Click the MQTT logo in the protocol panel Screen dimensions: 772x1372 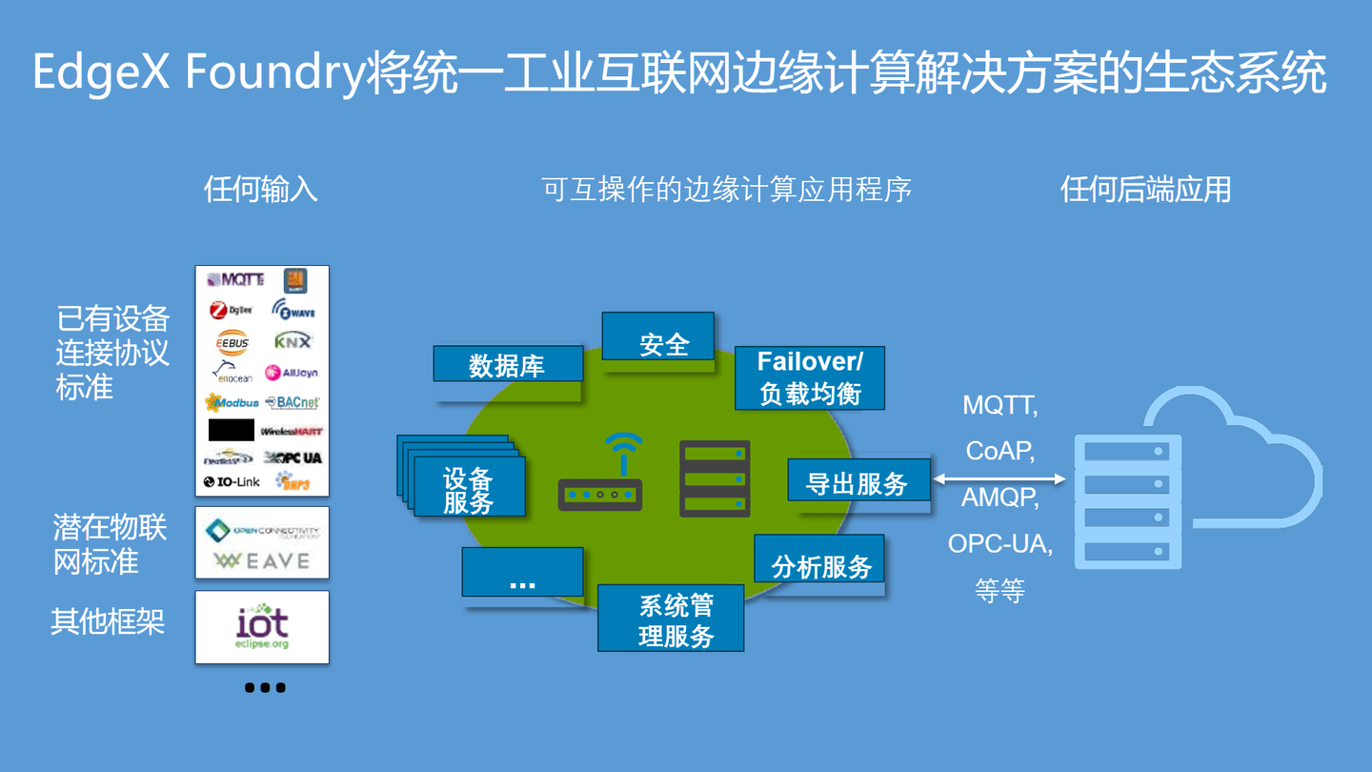pyautogui.click(x=235, y=280)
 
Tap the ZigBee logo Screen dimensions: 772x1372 pyautogui.click(x=231, y=311)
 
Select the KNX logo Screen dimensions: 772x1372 pyautogui.click(x=293, y=341)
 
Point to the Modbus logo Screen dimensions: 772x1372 pyautogui.click(x=232, y=403)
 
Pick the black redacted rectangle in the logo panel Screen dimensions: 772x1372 pyautogui.click(x=232, y=430)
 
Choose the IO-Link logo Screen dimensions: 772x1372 pyautogui.click(x=232, y=482)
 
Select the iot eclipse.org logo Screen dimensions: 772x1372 pyautogui.click(x=262, y=627)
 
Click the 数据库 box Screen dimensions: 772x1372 pyautogui.click(x=507, y=364)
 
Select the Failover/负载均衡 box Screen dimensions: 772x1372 pyautogui.click(x=810, y=377)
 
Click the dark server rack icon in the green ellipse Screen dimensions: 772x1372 pyautogui.click(x=715, y=478)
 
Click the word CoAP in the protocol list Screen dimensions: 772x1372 pyautogui.click(x=999, y=450)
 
